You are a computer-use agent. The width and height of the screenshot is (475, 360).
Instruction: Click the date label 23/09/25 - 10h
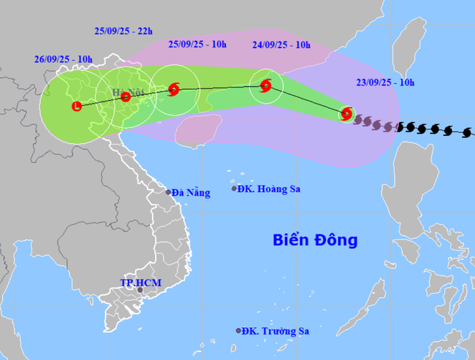point(387,83)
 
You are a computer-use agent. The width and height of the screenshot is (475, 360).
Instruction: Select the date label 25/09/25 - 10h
point(197,44)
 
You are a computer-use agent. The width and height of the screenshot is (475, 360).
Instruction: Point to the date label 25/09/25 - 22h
point(124,31)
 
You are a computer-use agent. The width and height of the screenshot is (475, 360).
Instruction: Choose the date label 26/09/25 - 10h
point(64,58)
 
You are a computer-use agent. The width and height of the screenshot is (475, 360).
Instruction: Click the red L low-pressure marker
point(76,107)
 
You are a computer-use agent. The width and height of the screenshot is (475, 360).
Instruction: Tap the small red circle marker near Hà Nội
point(126,96)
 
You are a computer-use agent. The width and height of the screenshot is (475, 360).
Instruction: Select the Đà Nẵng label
point(191,193)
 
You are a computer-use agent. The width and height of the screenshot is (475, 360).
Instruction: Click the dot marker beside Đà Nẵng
point(168,192)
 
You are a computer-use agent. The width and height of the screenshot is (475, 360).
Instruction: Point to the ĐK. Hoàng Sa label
point(270,189)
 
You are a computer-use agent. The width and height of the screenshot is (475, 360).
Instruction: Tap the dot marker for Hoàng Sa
point(235,188)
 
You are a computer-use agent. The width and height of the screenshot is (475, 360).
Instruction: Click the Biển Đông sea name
point(315,240)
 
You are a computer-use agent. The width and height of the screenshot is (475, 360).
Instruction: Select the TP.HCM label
point(140,282)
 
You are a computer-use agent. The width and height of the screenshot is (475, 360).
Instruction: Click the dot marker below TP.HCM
point(140,291)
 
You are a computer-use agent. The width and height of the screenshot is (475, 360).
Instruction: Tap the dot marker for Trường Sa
point(238,330)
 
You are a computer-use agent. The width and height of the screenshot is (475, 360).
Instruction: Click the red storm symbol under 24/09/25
point(265,85)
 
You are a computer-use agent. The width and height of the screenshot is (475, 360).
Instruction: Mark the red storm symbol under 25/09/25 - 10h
point(173,90)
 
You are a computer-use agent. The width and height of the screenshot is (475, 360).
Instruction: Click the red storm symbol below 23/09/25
point(346,113)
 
